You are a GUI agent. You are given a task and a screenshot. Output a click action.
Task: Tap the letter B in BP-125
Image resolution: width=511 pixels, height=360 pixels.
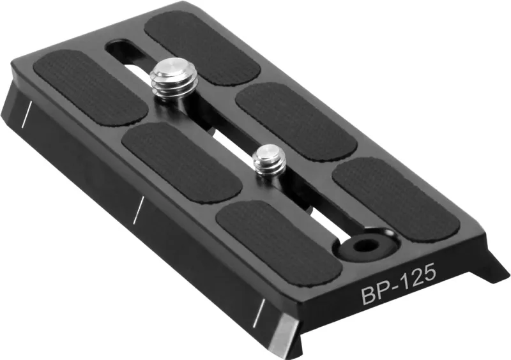coord(369,296)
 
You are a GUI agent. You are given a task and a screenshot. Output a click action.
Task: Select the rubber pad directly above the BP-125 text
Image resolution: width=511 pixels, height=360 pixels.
coord(396,199)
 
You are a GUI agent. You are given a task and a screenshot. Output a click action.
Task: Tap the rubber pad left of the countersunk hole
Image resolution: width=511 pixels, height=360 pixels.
coord(278,241)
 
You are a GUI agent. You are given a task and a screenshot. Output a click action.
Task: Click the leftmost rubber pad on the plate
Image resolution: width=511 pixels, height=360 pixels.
coord(89,87)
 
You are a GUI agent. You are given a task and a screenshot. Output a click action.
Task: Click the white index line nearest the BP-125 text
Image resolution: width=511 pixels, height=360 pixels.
coord(259,311)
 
